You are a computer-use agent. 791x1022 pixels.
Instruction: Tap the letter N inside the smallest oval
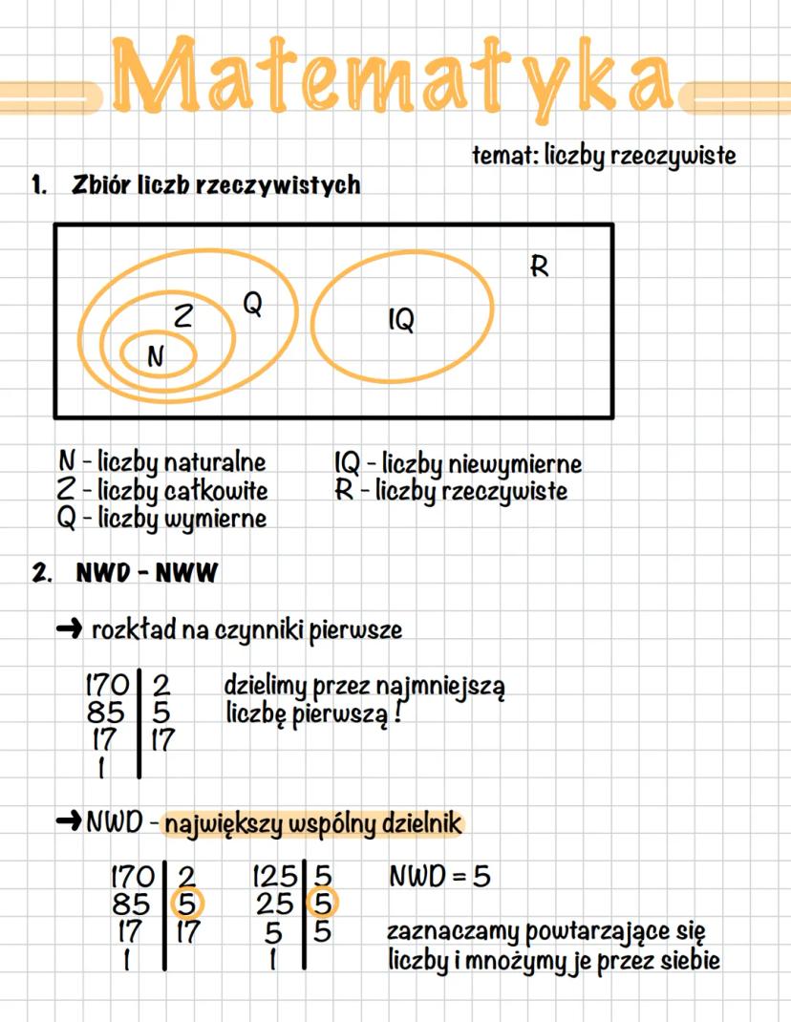(156, 356)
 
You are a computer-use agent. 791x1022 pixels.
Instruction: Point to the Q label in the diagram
(253, 304)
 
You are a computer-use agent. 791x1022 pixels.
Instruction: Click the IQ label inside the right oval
(401, 321)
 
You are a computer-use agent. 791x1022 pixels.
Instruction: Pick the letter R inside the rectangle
(540, 266)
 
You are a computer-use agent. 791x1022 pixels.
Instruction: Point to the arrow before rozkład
(70, 629)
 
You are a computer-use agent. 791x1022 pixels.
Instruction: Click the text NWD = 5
(439, 876)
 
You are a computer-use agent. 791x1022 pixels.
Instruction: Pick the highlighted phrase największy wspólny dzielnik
(310, 823)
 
